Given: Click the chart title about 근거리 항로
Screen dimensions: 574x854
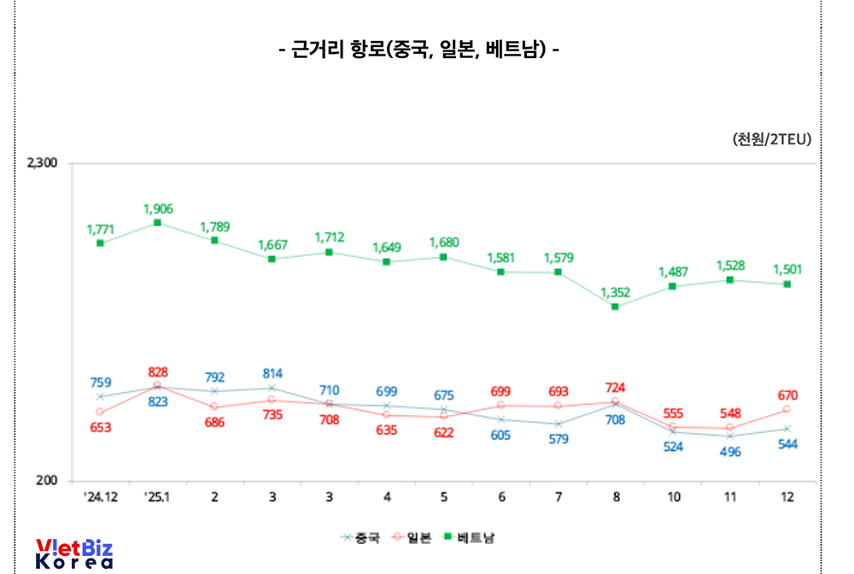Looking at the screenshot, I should coord(418,50).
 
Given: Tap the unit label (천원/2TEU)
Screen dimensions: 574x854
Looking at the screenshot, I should coord(771,139).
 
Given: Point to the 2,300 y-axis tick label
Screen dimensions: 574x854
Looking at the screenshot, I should coord(42,163).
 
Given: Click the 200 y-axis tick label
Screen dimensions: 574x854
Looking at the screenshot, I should coord(47,482).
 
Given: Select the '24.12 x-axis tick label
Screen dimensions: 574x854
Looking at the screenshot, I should coord(100,497).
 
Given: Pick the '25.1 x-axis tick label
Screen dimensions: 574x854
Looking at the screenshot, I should coord(157,497).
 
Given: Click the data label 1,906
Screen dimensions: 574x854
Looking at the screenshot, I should coord(158,208).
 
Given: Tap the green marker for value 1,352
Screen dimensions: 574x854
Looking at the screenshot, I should coord(615,306).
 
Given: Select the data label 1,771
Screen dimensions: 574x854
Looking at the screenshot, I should coord(100,229).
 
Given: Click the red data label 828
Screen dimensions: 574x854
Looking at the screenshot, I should coord(158,372).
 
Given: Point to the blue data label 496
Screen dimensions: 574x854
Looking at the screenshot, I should coord(730,452).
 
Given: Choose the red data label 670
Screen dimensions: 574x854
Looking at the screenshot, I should coord(787,395).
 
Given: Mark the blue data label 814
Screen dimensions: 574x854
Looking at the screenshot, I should coord(272,373).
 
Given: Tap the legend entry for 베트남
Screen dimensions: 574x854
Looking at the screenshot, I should coord(470,538).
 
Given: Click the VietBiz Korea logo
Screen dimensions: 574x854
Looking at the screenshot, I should coord(74,553).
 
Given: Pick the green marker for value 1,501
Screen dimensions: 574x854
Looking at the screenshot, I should coord(787,284).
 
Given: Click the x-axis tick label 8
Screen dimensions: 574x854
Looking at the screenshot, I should coord(615,497).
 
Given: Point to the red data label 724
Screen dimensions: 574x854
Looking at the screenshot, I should coord(615,388).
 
